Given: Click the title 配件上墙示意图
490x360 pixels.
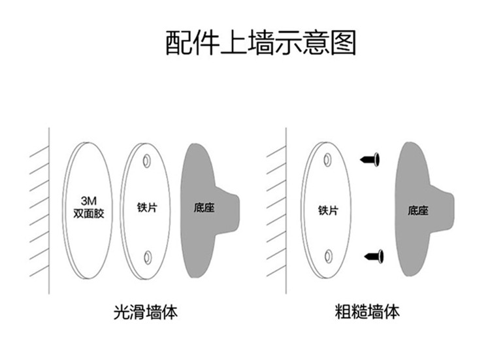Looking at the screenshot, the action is (260, 43).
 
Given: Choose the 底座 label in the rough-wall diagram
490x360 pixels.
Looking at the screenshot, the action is (417, 210).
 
